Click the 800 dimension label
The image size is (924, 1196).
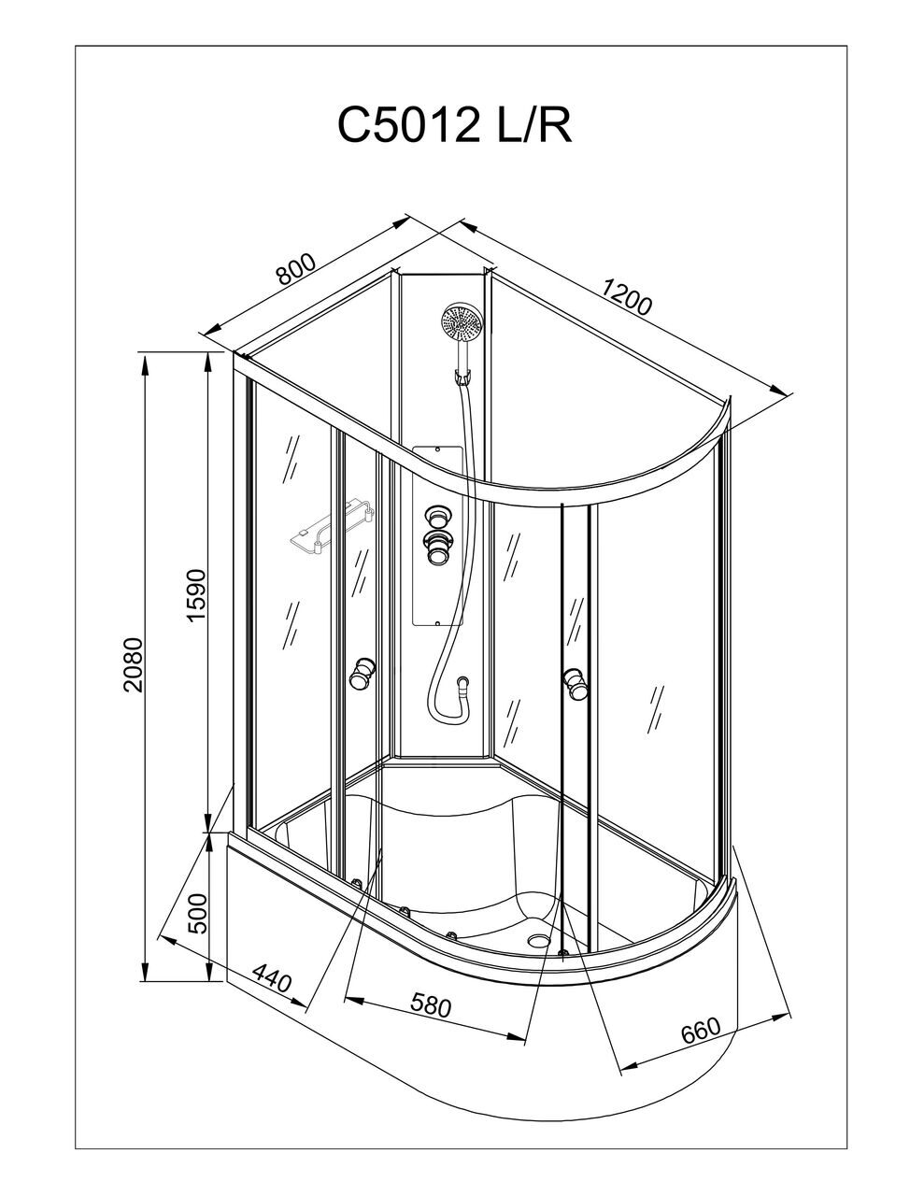pyautogui.click(x=295, y=269)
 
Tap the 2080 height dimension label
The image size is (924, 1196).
pyautogui.click(x=134, y=664)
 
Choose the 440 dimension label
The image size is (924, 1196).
pyautogui.click(x=272, y=980)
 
